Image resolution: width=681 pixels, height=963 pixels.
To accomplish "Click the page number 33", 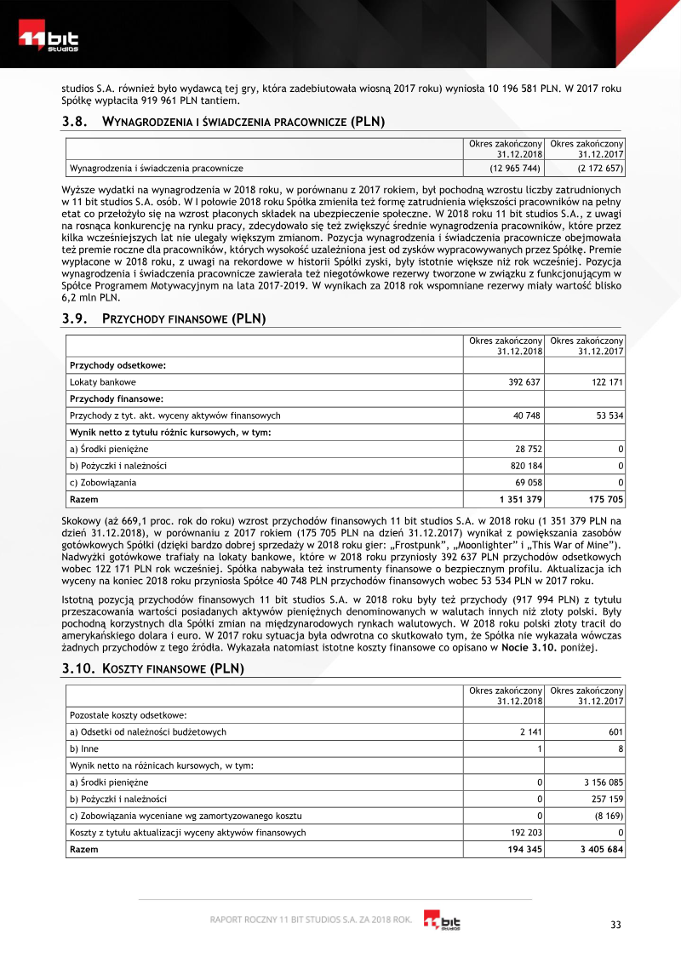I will [x=616, y=926].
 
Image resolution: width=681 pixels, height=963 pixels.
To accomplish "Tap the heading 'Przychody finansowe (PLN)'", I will [x=184, y=319].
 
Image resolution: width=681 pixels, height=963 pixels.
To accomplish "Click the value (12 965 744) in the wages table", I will [x=514, y=169].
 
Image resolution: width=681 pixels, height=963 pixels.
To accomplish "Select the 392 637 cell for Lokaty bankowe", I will [x=525, y=381].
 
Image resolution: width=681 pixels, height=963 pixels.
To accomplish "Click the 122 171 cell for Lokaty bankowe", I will [x=606, y=381].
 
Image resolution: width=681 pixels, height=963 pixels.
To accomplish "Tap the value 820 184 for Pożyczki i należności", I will [x=525, y=466].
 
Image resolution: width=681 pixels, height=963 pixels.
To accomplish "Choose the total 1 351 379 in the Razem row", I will [x=520, y=499].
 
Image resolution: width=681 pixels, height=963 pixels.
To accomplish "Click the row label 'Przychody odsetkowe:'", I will [x=117, y=365].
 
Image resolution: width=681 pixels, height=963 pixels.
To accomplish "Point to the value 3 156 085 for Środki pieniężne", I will [x=601, y=782].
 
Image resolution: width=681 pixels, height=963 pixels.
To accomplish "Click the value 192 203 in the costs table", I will [x=525, y=832].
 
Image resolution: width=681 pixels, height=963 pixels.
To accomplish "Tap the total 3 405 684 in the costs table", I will [x=600, y=849].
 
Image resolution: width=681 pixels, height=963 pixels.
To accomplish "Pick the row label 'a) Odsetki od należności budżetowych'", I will [x=147, y=731].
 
